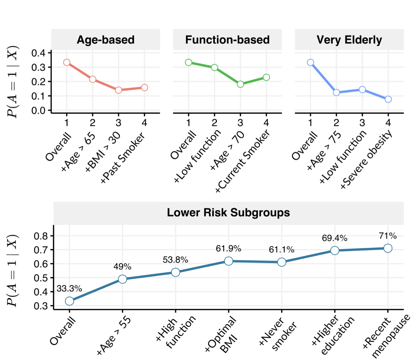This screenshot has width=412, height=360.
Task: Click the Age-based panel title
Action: click(x=106, y=40)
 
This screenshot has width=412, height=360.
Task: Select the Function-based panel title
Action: click(x=227, y=40)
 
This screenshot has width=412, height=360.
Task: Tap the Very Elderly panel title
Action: click(x=349, y=40)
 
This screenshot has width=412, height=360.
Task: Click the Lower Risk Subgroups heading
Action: click(x=228, y=212)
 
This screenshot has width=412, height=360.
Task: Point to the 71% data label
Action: click(x=388, y=236)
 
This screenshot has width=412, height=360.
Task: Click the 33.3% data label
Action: click(x=69, y=288)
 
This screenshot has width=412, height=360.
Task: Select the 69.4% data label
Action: click(x=335, y=238)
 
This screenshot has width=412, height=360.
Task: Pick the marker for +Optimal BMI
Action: click(x=229, y=261)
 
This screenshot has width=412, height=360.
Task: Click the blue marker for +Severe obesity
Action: click(x=388, y=99)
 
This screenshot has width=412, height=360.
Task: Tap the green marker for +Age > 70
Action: click(x=240, y=84)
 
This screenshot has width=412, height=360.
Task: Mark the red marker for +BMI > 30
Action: click(x=118, y=90)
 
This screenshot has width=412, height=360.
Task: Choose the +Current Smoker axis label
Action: click(x=243, y=161)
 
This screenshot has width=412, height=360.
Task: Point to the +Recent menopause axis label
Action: click(x=386, y=336)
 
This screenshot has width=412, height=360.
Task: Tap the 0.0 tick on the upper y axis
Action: click(x=38, y=110)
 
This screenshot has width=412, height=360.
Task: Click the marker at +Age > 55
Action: click(x=122, y=279)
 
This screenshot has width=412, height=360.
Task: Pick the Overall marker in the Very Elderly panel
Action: click(x=310, y=62)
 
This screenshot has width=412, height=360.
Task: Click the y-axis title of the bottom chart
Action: click(x=13, y=271)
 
